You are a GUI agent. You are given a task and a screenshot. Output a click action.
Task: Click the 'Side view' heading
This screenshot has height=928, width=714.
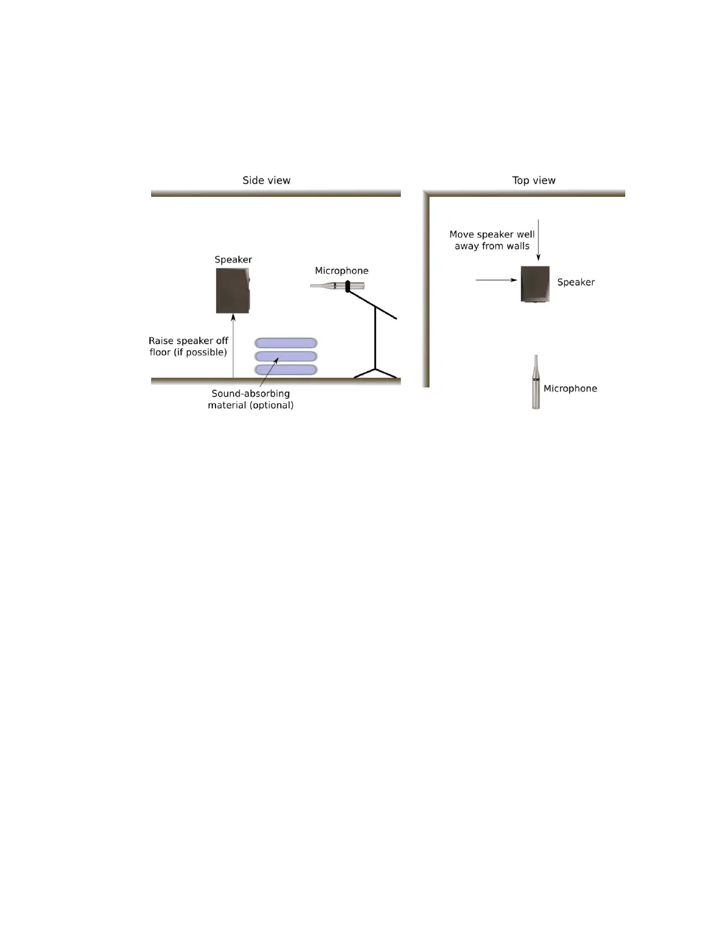click(x=266, y=180)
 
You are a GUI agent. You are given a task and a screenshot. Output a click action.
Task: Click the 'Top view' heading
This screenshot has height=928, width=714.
click(x=533, y=180)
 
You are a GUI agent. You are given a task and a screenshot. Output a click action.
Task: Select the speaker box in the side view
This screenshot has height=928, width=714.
click(x=233, y=291)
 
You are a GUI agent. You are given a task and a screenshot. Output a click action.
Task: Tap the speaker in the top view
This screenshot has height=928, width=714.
click(x=535, y=284)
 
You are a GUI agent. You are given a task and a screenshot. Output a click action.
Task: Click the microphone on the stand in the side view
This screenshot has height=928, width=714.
click(x=337, y=286)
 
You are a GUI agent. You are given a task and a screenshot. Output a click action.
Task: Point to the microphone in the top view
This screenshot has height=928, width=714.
click(x=536, y=383)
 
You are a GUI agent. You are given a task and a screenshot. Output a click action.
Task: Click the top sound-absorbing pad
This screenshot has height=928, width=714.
click(x=286, y=343)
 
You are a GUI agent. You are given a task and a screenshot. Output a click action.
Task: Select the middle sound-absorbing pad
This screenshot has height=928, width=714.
click(x=286, y=356)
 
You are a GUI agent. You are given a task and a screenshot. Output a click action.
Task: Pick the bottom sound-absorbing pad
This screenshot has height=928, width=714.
click(x=286, y=370)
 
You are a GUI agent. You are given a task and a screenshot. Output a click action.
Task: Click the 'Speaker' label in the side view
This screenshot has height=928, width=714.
click(x=233, y=260)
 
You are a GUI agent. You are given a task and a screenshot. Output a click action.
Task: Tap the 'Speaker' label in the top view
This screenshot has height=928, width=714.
click(x=576, y=282)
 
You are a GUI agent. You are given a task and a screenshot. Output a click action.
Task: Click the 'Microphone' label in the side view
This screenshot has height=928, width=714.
click(x=341, y=271)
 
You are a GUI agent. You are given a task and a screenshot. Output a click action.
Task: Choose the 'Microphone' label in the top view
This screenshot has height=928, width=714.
click(x=570, y=388)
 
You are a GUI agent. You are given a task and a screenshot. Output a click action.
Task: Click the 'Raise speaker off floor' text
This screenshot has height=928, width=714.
click(x=188, y=346)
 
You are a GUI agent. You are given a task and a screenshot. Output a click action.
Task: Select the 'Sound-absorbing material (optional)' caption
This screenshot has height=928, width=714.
click(x=251, y=399)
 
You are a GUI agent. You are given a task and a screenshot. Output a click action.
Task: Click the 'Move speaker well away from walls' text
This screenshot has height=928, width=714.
click(x=492, y=240)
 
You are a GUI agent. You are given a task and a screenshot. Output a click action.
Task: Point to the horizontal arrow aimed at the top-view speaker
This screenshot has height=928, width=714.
click(x=496, y=280)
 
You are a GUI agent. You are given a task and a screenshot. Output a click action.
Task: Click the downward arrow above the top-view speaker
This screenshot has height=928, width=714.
click(x=538, y=240)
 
